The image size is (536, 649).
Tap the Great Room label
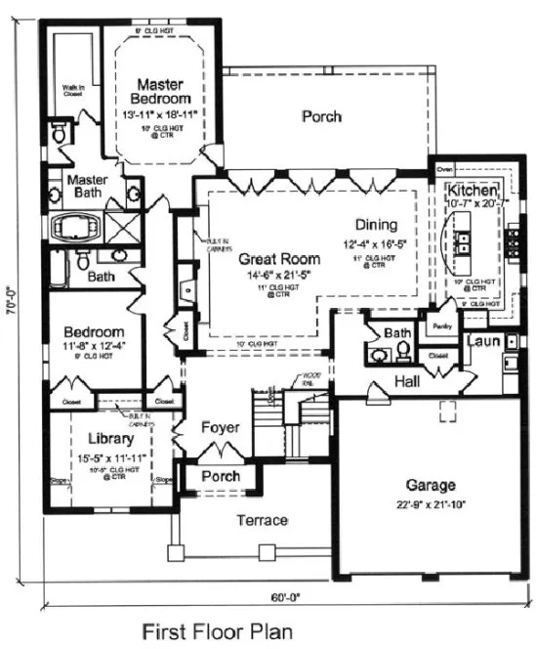coord(280,259)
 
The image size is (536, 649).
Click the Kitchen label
coord(474,189)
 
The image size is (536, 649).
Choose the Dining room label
coord(375,224)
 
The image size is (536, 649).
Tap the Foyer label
coord(220,428)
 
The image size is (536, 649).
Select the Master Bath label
coord(85,188)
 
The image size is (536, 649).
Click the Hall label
coord(407,378)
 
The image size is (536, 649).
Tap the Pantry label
coord(441,326)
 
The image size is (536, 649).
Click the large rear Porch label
coord(321,116)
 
